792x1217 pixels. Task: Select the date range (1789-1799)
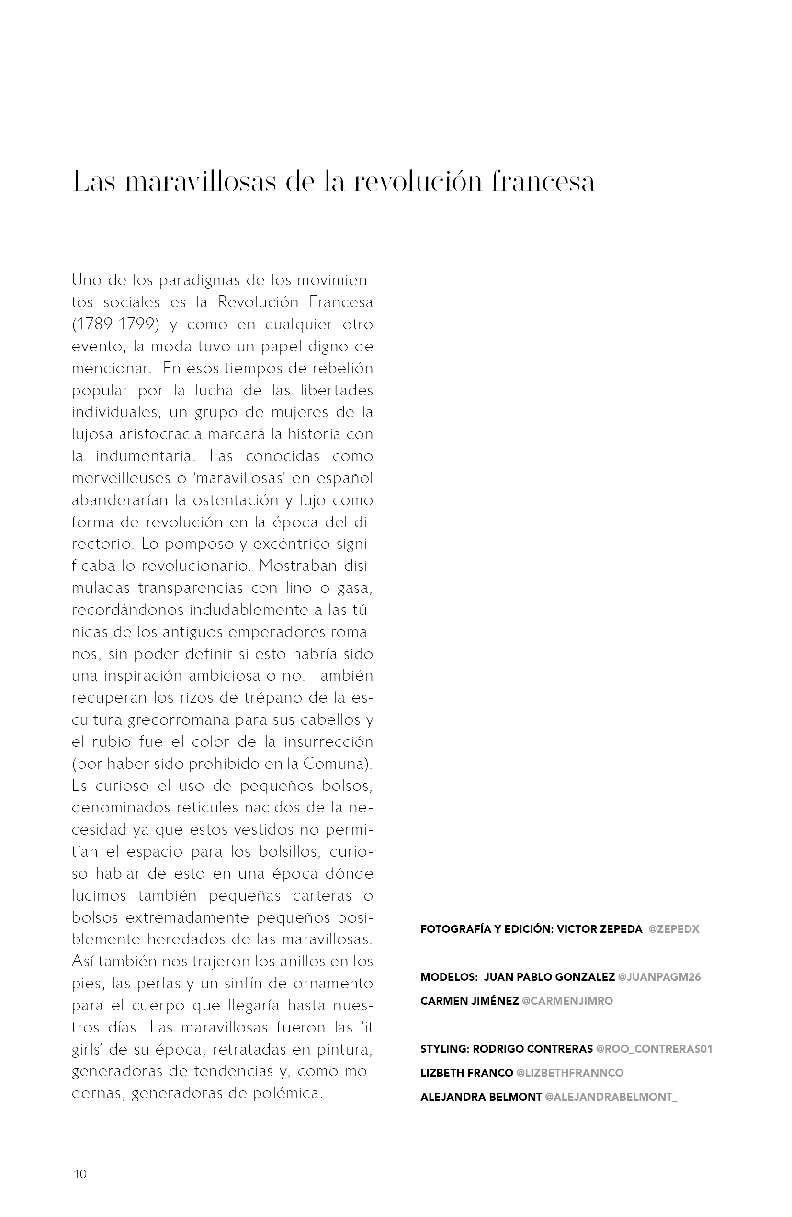point(115,325)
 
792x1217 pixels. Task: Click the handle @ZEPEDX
point(673,929)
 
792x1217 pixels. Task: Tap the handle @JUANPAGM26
point(659,977)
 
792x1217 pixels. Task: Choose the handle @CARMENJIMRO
point(567,1001)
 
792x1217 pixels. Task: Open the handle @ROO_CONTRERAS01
point(654,1049)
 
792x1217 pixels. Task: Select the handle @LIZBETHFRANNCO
point(570,1073)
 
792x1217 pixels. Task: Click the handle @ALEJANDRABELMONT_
point(611,1097)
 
